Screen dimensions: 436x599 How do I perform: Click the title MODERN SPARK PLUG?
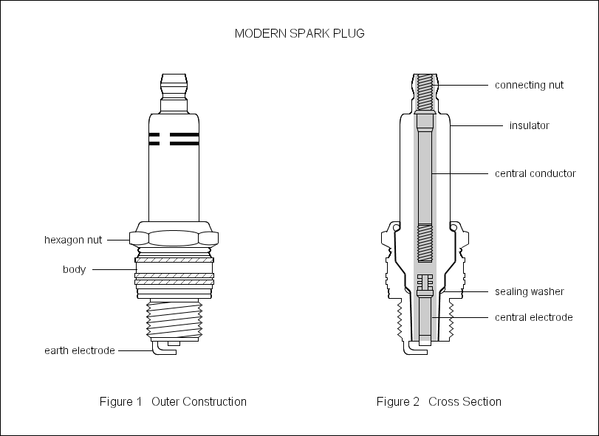click(299, 34)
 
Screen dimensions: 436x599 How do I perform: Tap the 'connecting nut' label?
click(529, 85)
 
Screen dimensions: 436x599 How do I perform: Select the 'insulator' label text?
click(530, 125)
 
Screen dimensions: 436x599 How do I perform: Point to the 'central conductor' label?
click(535, 173)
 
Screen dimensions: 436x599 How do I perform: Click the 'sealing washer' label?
click(529, 291)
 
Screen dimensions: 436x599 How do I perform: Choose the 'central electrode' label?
click(534, 317)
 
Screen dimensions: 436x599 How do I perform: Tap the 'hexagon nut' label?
click(73, 240)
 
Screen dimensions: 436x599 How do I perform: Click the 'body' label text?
click(74, 269)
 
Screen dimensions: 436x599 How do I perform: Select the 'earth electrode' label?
click(79, 350)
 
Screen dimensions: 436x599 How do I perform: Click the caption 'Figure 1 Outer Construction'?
click(173, 401)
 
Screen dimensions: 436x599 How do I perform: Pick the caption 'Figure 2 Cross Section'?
click(439, 401)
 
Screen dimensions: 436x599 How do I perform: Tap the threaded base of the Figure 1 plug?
click(174, 317)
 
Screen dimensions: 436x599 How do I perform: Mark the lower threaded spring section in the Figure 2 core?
click(424, 243)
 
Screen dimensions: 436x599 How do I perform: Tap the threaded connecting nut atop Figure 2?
click(424, 86)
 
